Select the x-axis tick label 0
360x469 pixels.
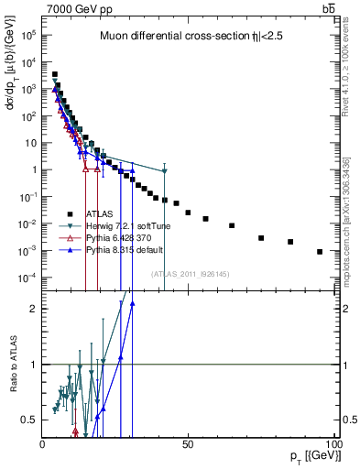tap(43, 443)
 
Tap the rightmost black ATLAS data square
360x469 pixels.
tap(320, 251)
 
